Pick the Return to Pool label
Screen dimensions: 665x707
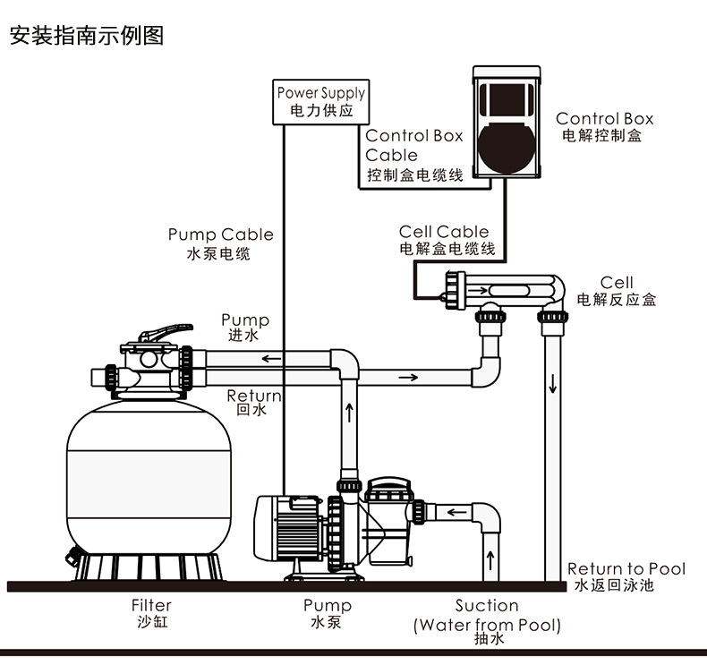click(626, 576)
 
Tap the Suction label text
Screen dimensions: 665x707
click(486, 606)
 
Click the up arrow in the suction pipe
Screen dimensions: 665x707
click(490, 561)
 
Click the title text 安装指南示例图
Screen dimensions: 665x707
click(86, 37)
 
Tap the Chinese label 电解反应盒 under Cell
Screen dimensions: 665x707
click(617, 300)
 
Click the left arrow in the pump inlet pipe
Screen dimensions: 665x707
click(456, 514)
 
